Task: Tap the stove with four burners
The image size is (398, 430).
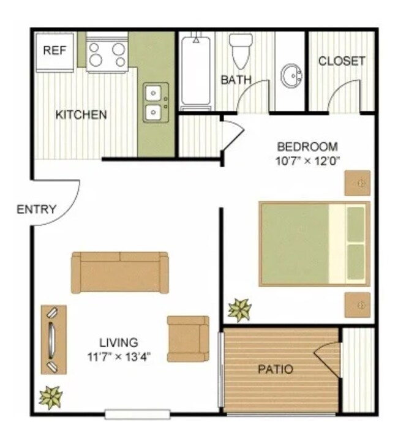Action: (x=107, y=54)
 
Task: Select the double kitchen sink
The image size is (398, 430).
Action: (x=153, y=102)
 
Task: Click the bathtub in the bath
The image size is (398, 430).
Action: (x=196, y=72)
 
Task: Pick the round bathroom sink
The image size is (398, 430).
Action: (x=292, y=77)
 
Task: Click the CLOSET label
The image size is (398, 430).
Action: (x=342, y=61)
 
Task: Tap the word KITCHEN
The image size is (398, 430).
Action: (x=81, y=115)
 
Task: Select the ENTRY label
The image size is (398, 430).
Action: (x=37, y=209)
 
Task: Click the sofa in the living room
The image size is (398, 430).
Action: (x=120, y=271)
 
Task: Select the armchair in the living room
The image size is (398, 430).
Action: (x=188, y=338)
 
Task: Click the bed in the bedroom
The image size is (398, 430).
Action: (x=315, y=244)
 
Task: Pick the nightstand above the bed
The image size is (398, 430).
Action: (x=357, y=183)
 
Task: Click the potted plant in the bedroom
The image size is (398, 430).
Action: (x=239, y=310)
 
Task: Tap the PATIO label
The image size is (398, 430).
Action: (x=275, y=369)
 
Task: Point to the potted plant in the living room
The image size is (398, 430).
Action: (x=50, y=397)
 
